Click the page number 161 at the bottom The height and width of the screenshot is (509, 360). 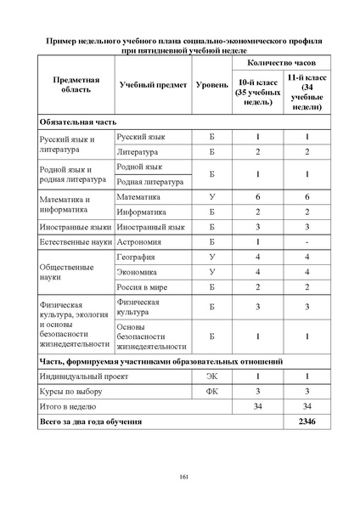click(x=183, y=476)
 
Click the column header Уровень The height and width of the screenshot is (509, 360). click(x=211, y=87)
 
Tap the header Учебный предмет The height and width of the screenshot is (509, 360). click(x=148, y=87)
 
